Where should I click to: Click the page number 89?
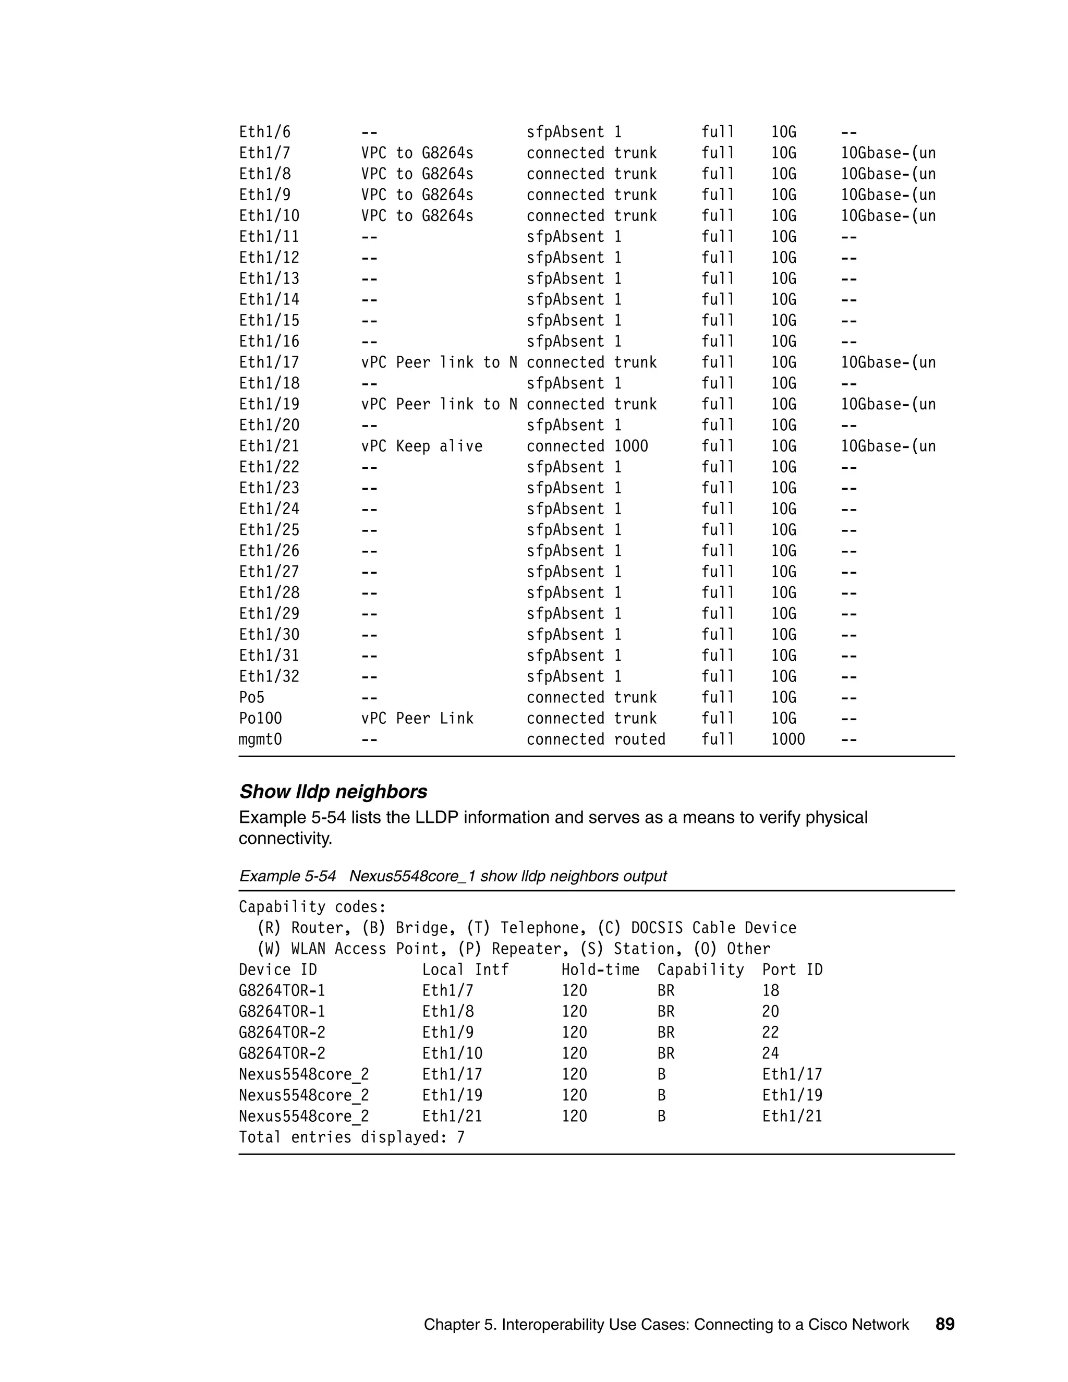944,1325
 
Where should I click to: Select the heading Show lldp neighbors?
333,792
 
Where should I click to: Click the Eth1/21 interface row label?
269,446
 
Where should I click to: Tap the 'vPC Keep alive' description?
421,446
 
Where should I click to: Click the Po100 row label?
260,718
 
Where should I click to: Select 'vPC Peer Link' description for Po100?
417,718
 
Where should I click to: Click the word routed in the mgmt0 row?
640,739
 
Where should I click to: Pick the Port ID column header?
792,969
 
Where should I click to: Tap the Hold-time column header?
600,969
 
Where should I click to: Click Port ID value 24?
770,1053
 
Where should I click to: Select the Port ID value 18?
770,990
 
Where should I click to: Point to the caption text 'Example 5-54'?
287,876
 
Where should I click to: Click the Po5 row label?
251,697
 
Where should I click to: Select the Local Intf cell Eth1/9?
447,1032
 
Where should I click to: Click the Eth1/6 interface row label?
264,132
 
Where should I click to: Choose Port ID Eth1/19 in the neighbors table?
792,1095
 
